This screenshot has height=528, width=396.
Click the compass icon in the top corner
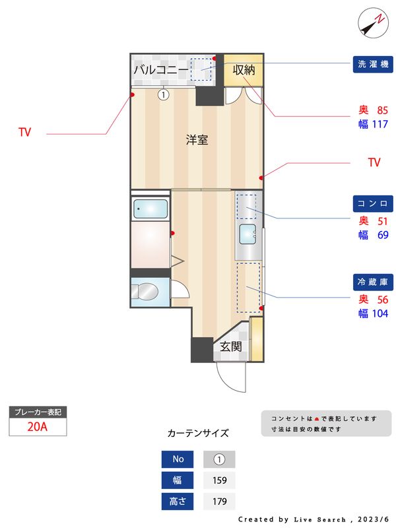(372, 22)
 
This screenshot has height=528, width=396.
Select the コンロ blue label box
(374, 203)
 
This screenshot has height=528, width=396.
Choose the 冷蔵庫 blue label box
(374, 282)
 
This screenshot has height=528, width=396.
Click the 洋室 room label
(197, 139)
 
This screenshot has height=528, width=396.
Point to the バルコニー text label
(160, 69)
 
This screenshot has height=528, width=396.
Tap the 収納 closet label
(244, 69)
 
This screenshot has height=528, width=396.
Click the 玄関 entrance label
(230, 346)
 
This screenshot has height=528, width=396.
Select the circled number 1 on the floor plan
(164, 94)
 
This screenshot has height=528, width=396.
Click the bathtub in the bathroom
(151, 210)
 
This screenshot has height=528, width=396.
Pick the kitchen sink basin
(248, 234)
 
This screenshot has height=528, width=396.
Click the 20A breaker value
(38, 426)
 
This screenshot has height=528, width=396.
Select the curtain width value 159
(219, 480)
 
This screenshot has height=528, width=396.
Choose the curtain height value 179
(219, 502)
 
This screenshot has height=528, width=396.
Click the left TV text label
(24, 133)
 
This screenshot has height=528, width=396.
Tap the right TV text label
(374, 162)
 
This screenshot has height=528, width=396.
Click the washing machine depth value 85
(382, 110)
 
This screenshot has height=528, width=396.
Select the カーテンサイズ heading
(198, 433)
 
